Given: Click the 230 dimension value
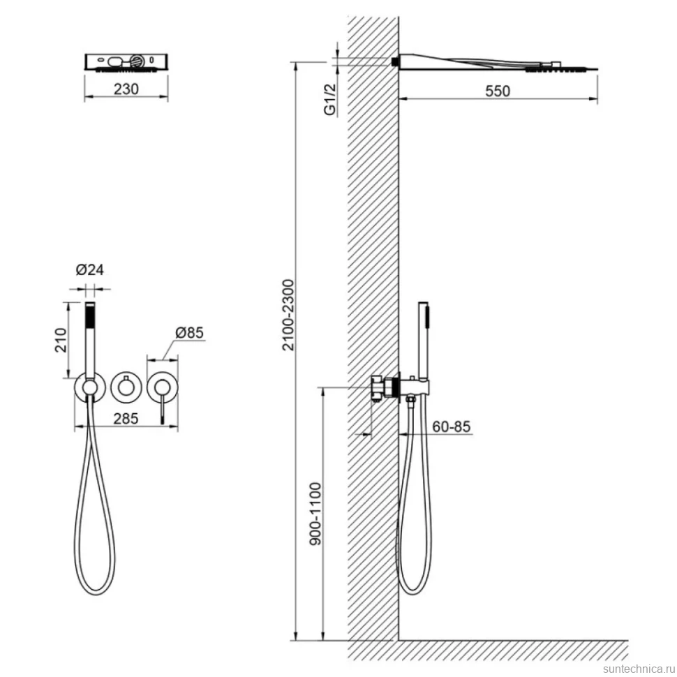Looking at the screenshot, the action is [x=126, y=89].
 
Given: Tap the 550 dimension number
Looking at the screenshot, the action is [x=498, y=91].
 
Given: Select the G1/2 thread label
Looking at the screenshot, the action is [x=330, y=100].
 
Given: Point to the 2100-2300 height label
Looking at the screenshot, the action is [x=288, y=315].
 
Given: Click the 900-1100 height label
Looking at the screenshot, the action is [x=316, y=514].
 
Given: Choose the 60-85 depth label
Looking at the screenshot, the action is [x=451, y=426].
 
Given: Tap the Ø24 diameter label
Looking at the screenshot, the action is [x=90, y=270].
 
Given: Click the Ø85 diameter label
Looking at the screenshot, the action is [x=189, y=332].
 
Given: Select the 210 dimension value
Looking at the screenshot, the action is [x=61, y=340].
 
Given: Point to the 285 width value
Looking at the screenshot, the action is [x=126, y=418].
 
